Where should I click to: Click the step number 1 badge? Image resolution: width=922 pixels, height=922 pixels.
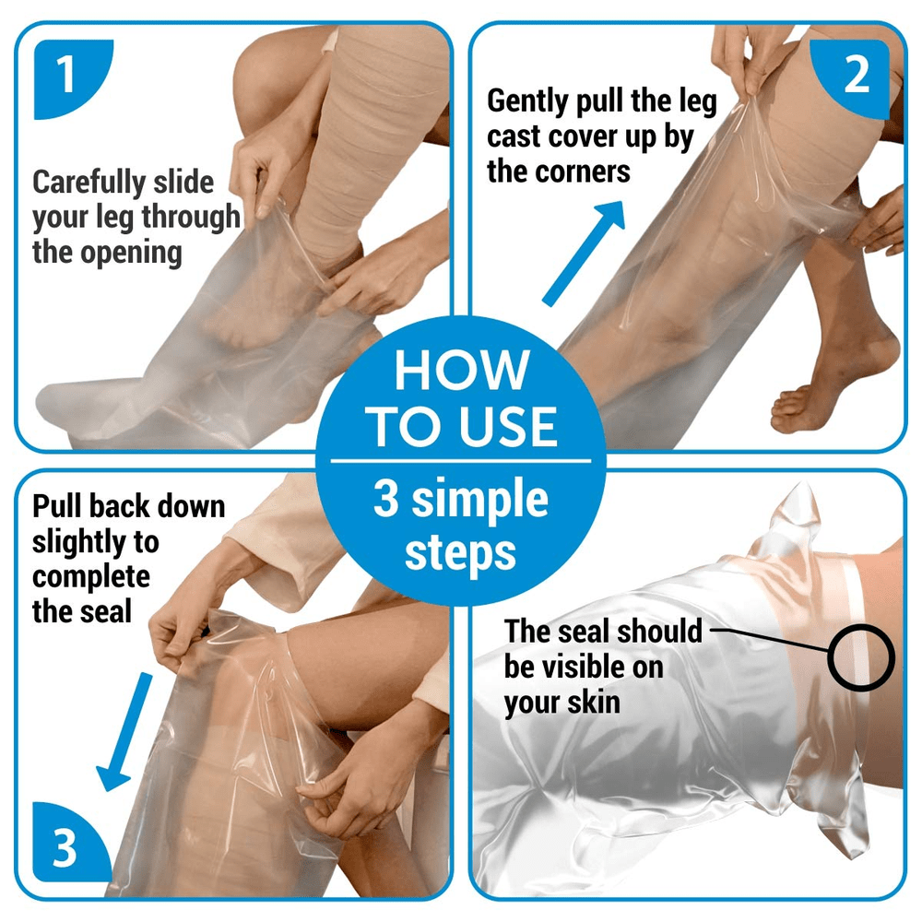tap(65, 77)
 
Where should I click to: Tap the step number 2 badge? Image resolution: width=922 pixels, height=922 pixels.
tap(857, 77)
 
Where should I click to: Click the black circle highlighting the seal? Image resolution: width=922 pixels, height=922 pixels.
tap(861, 657)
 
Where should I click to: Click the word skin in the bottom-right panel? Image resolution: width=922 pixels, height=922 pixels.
tap(591, 703)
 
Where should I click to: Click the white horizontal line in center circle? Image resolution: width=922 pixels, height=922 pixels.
tap(461, 458)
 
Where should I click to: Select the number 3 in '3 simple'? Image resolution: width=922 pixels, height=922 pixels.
tap(387, 500)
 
